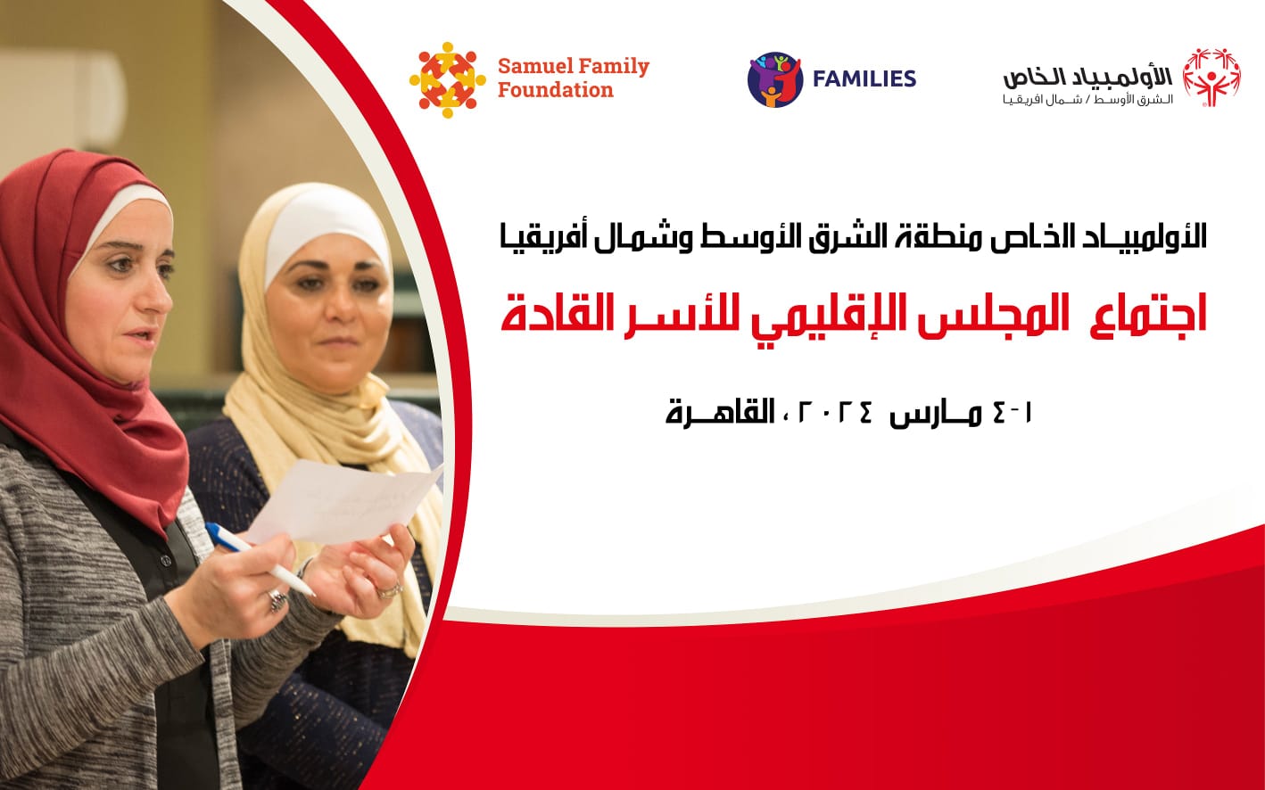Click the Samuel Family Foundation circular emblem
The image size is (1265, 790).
[x=447, y=80]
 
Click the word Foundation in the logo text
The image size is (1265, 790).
[x=555, y=90]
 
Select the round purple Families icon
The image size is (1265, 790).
[x=775, y=79]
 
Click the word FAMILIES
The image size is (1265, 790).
[x=864, y=78]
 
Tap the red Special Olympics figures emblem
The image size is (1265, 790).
[x=1211, y=78]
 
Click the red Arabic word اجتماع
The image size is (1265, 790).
[x=1149, y=315]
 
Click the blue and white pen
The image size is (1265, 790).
[x=260, y=559]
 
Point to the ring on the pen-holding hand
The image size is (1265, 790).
[x=277, y=601]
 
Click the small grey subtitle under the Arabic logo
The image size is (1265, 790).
[x=1087, y=101]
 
